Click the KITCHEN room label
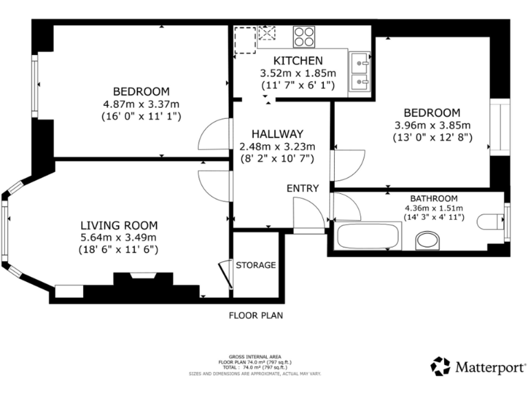[298, 60]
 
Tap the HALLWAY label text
[277, 133]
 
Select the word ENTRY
[302, 188]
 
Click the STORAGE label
[256, 265]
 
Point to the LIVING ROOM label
[119, 225]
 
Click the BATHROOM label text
[434, 198]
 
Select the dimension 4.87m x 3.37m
[142, 104]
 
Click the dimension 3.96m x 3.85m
[432, 125]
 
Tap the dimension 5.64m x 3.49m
[119, 237]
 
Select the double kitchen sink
[359, 72]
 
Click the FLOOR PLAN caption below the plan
[256, 316]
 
